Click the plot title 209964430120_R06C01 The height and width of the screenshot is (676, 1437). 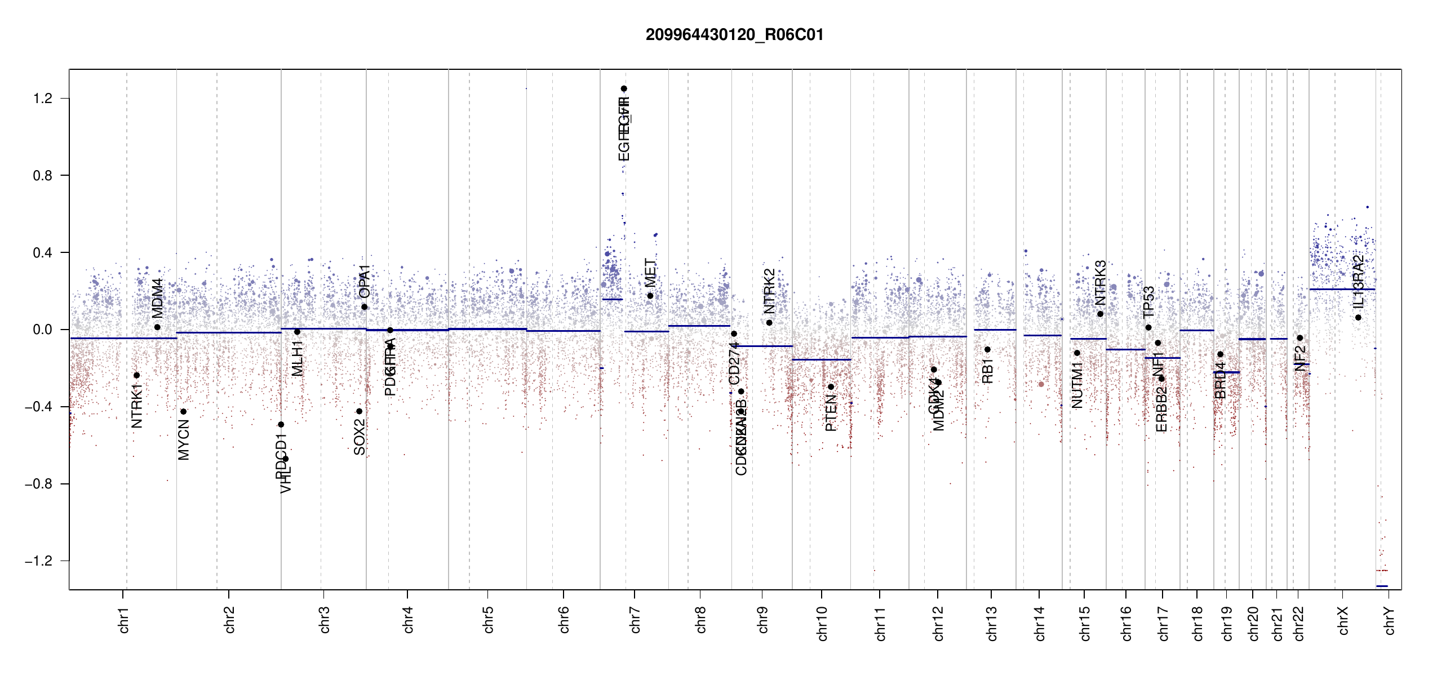tap(734, 35)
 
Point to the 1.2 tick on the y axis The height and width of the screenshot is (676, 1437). tap(42, 99)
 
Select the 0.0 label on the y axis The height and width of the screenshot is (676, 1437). tap(42, 330)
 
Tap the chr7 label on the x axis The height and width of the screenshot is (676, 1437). tap(635, 620)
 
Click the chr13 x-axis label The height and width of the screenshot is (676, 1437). tap(991, 623)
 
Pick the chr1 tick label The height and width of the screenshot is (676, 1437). tap(124, 620)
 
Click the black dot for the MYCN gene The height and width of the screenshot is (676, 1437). tap(183, 412)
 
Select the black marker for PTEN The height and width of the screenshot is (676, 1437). tap(831, 387)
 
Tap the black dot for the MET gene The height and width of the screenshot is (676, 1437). tap(650, 296)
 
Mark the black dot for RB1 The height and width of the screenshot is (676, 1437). tap(987, 350)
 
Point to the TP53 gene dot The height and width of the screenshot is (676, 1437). tap(1148, 328)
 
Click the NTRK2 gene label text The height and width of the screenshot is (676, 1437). tap(769, 291)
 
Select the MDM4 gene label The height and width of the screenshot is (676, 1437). tap(157, 298)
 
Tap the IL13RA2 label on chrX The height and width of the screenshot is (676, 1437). tap(1358, 282)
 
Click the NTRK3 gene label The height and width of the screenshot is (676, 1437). tap(1100, 282)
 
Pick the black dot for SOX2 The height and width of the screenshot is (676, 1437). tap(360, 411)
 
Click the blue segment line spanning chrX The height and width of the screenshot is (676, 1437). tap(1342, 290)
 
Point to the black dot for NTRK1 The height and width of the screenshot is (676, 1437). tap(136, 375)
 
